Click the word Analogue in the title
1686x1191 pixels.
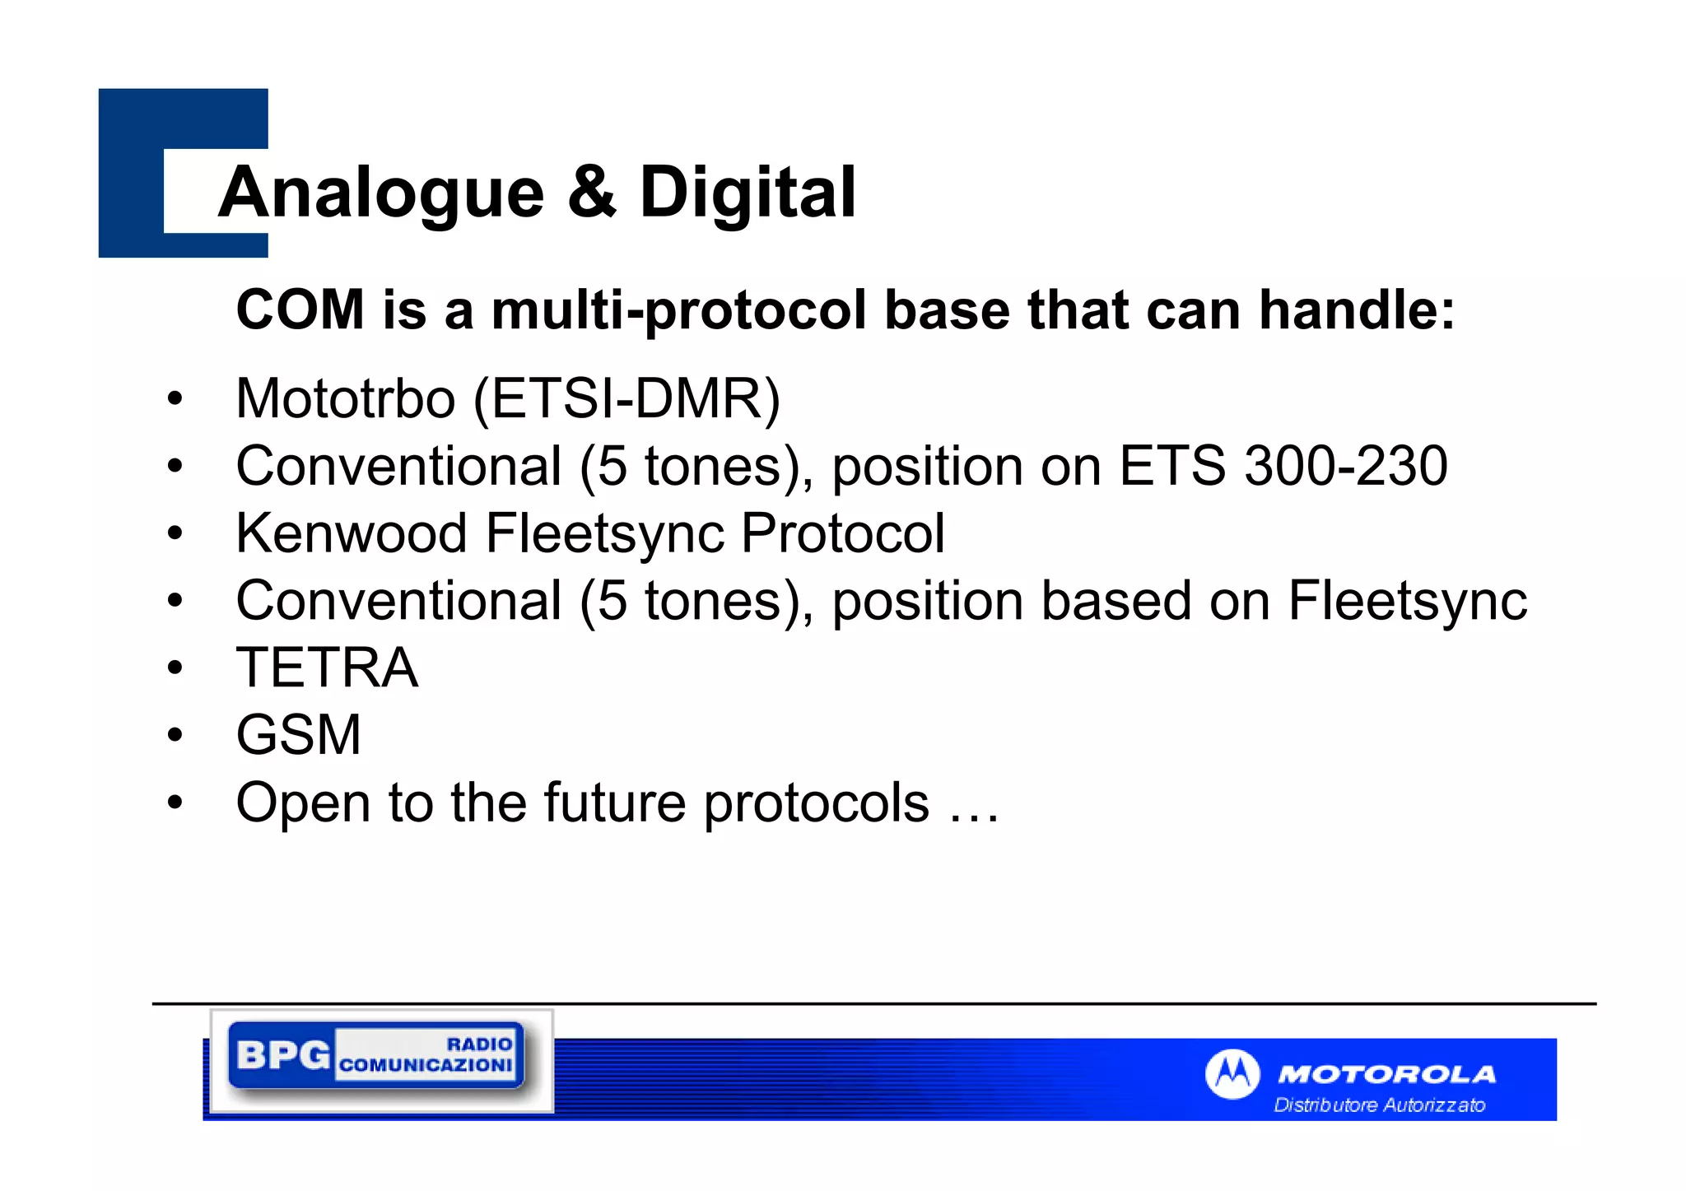(x=381, y=193)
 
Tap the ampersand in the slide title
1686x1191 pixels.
(x=591, y=192)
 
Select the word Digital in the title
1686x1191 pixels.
(x=748, y=193)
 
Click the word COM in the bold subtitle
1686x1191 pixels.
(x=300, y=310)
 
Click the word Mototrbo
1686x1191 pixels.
(x=345, y=398)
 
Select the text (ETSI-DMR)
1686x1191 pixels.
(x=626, y=399)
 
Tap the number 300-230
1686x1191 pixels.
(x=1345, y=466)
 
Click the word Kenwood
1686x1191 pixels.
(x=352, y=533)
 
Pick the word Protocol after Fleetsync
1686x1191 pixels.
(x=842, y=533)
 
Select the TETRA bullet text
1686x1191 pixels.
(x=327, y=668)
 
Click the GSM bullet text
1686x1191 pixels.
(x=298, y=735)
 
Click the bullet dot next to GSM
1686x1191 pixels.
(x=175, y=734)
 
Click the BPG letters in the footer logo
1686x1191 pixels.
(x=282, y=1054)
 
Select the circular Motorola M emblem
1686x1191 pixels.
(x=1232, y=1074)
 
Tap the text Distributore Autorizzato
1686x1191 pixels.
(x=1379, y=1105)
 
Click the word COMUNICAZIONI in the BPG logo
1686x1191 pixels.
(x=426, y=1065)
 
